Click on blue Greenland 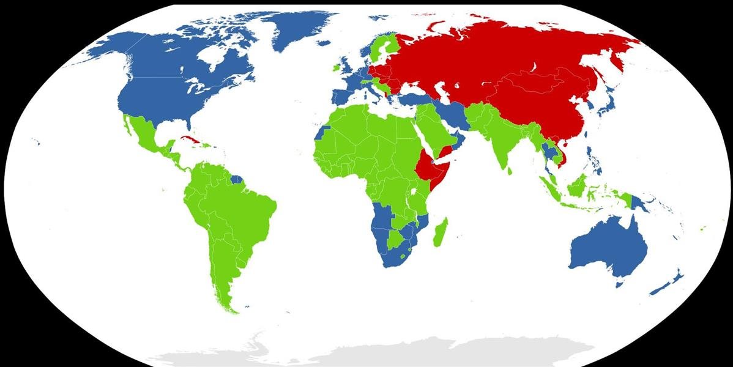[x=300, y=31]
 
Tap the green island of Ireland [x=334, y=65]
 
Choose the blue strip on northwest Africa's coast [x=322, y=132]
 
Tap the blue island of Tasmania [x=619, y=282]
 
